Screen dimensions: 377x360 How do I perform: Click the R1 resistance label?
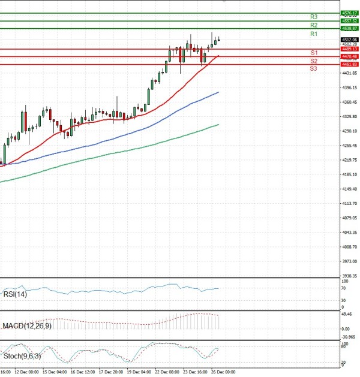coord(314,34)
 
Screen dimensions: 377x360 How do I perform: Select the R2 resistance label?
coord(314,25)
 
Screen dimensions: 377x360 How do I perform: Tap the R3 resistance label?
coord(314,17)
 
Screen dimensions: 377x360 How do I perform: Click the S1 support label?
coord(314,53)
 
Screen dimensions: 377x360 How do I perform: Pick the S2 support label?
coord(314,61)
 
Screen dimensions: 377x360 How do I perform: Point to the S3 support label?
coord(314,69)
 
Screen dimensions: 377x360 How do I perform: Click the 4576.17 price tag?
coord(349,13)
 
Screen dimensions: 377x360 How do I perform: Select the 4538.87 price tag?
coord(349,28)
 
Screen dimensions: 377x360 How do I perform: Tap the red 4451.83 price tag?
coord(349,64)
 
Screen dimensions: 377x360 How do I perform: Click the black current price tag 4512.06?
coord(349,40)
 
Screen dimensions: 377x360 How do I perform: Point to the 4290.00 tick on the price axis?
coord(349,131)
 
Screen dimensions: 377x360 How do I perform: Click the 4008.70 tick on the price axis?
coord(349,246)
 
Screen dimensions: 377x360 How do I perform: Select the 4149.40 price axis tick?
coord(349,189)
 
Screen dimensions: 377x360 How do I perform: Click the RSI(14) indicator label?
coord(14,294)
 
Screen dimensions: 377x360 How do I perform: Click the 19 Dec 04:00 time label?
coord(139,372)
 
